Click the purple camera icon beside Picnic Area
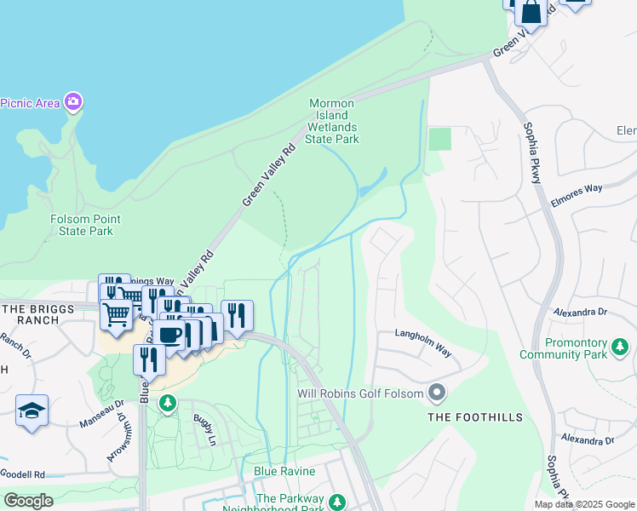73,103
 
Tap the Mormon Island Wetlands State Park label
332,121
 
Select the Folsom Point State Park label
81,225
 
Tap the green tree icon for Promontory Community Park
621,347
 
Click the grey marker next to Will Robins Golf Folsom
437,393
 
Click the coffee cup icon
169,334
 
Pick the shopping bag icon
531,12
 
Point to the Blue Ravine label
284,471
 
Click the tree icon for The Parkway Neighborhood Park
338,502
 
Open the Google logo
28,501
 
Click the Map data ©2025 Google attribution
584,504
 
